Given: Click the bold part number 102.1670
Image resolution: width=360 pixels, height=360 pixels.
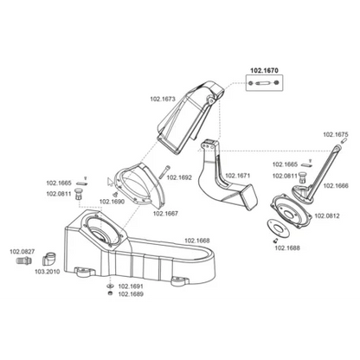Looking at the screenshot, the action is [264, 70].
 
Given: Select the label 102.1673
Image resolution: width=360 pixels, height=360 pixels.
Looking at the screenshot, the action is [163, 99].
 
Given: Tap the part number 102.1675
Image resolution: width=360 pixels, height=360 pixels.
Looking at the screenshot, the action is [336, 134].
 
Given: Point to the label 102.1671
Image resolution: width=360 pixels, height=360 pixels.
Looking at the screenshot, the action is [237, 176].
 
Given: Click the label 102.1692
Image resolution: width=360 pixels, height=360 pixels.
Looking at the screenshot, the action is [179, 177].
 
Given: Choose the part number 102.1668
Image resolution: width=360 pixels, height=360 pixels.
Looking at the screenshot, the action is [197, 241].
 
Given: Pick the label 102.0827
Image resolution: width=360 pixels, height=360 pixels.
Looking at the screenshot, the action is [22, 252].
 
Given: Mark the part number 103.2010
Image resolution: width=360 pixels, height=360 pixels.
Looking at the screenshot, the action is [48, 272].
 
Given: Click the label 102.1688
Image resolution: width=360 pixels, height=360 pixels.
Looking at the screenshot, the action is [287, 247].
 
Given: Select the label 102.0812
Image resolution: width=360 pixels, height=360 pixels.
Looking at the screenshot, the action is [327, 215].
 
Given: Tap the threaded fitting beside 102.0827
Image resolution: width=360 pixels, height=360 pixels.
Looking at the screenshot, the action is [24, 260].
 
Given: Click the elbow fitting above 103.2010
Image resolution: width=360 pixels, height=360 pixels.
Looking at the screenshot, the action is [49, 259].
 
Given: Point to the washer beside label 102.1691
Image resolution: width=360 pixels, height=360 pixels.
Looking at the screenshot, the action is [110, 286].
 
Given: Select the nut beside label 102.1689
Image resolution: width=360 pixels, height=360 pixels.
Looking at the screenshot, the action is [110, 293].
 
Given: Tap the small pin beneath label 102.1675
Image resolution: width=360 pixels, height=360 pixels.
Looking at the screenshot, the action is [343, 141].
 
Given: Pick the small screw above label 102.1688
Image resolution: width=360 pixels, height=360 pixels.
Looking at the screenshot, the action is [275, 241].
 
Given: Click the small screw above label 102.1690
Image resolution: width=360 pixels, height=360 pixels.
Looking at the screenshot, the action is [115, 195].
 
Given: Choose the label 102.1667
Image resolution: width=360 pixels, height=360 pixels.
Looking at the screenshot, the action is [165, 214].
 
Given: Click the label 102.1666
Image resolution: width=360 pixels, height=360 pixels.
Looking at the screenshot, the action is [336, 186].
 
